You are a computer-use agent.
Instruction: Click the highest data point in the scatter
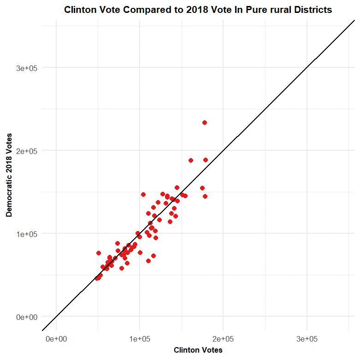205,123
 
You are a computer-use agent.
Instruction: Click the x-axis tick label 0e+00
56,339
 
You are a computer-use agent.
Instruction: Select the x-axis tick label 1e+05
140,339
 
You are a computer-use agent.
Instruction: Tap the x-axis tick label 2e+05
223,339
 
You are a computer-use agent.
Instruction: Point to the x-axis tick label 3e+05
307,339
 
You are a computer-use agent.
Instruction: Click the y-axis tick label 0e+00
26,317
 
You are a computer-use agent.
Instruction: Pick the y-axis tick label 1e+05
26,234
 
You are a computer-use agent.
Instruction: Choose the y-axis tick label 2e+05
26,151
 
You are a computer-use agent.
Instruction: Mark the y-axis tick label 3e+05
26,68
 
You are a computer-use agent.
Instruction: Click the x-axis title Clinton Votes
198,350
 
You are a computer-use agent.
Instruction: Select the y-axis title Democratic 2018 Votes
9,175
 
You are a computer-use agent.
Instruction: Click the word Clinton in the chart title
79,10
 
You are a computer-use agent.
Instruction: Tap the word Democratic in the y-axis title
9,194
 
